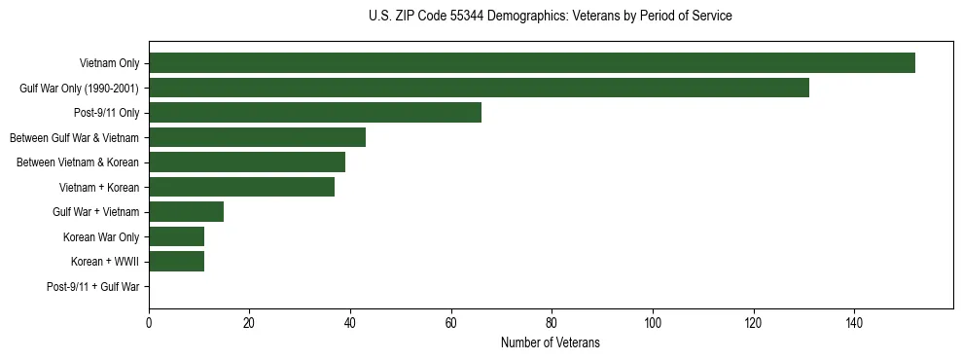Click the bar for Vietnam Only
point(532,63)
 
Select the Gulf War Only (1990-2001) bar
point(479,88)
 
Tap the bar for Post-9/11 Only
point(315,113)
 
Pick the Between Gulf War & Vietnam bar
point(257,137)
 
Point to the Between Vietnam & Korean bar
point(247,162)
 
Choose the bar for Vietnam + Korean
point(242,187)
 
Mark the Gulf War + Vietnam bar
point(187,211)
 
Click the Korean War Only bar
point(176,236)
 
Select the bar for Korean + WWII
point(176,261)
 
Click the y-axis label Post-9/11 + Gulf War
point(93,286)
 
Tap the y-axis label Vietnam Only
point(109,63)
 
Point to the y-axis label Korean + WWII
point(105,261)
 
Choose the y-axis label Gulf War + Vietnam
point(96,211)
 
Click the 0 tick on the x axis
point(149,323)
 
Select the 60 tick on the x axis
point(451,323)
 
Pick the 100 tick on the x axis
point(653,323)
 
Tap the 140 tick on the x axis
point(854,323)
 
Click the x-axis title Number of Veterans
point(551,342)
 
